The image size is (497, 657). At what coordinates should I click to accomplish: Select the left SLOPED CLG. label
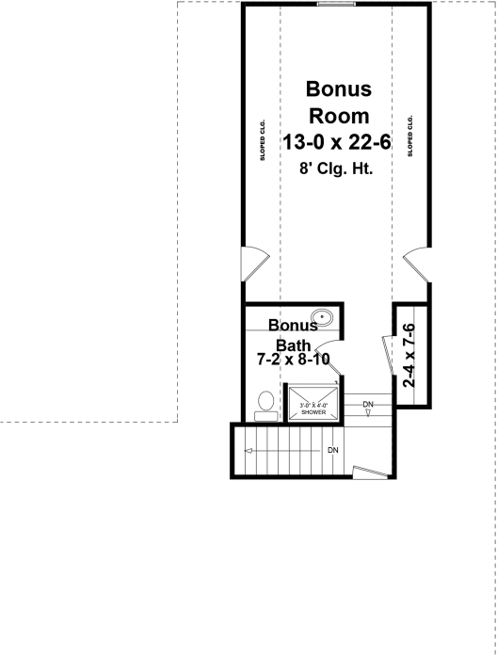pyautogui.click(x=264, y=139)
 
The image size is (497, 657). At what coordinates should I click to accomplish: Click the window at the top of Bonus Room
pyautogui.click(x=335, y=4)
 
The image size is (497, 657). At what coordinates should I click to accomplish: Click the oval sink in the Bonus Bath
pyautogui.click(x=323, y=318)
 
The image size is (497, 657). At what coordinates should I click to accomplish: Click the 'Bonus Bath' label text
pyautogui.click(x=293, y=336)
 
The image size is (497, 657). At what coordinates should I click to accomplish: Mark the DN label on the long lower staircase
pyautogui.click(x=332, y=451)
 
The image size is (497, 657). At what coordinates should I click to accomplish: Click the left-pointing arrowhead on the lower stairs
pyautogui.click(x=247, y=451)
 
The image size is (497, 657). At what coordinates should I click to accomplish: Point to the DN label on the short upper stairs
pyautogui.click(x=367, y=405)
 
